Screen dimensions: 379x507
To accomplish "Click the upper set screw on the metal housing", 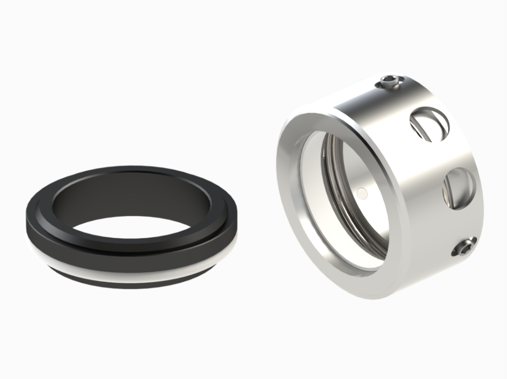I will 390,81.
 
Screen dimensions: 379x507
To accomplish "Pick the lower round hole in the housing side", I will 459,189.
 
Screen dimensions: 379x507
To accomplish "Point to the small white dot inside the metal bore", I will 361,192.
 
